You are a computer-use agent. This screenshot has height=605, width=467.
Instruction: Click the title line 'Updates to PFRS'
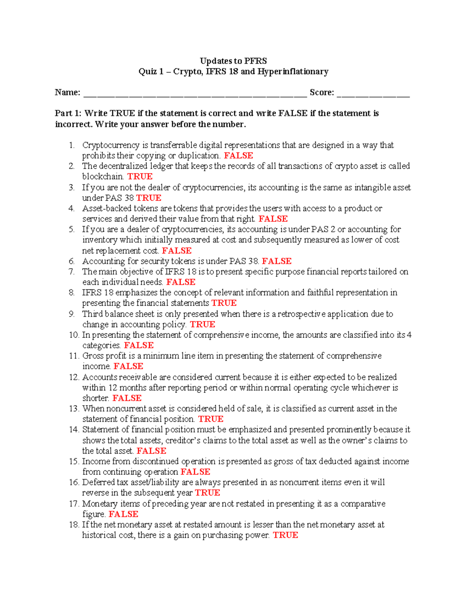click(x=233, y=61)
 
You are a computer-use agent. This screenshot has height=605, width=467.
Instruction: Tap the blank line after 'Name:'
click(x=195, y=93)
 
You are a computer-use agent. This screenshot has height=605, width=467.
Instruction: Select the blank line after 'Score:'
click(x=373, y=93)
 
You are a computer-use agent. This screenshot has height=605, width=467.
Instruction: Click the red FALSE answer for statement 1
click(x=239, y=155)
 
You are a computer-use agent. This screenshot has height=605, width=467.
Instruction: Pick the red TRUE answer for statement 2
click(x=140, y=176)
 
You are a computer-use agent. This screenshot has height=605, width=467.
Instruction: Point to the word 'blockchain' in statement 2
click(x=103, y=176)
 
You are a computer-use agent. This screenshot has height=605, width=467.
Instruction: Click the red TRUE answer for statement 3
click(x=149, y=198)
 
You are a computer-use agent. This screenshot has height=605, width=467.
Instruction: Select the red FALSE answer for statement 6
click(x=277, y=261)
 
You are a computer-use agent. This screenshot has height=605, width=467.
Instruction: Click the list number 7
click(x=72, y=272)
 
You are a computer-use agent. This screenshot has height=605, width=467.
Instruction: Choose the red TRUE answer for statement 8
click(x=224, y=303)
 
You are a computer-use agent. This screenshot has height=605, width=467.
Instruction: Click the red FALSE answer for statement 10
click(x=139, y=345)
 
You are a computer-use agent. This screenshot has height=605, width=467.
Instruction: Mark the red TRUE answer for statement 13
click(x=211, y=419)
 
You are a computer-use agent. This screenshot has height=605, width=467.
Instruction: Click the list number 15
click(x=74, y=461)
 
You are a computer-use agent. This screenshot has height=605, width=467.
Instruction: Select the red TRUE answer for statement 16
click(x=207, y=493)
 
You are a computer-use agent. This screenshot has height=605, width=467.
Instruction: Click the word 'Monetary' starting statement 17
click(x=100, y=504)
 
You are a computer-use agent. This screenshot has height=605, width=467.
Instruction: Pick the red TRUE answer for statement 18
click(x=285, y=535)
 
